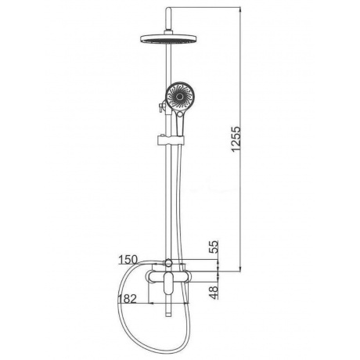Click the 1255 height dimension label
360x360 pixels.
coord(236,139)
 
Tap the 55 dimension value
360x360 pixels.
coord(214,247)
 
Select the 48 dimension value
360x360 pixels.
coord(214,293)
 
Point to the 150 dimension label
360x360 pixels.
coord(128,260)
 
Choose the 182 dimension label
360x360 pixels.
coord(128,299)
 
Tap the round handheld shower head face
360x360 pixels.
coord(179,96)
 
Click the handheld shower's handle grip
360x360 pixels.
coord(180,123)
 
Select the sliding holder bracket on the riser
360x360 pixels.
coord(171,140)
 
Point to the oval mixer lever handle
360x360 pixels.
coord(168,283)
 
